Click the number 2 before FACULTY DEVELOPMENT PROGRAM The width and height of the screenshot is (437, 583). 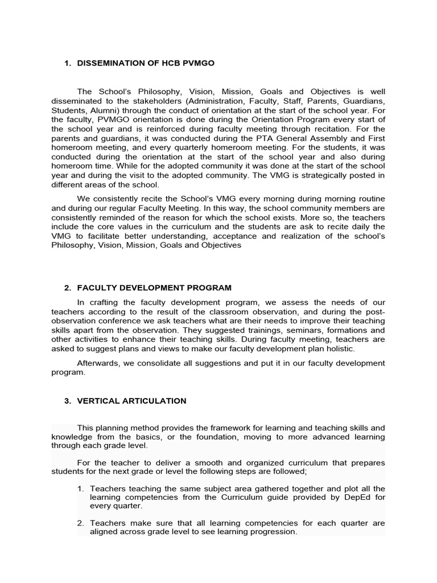point(67,288)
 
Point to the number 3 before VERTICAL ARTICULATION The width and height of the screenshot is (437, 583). point(67,401)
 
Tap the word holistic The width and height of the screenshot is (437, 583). point(337,348)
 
